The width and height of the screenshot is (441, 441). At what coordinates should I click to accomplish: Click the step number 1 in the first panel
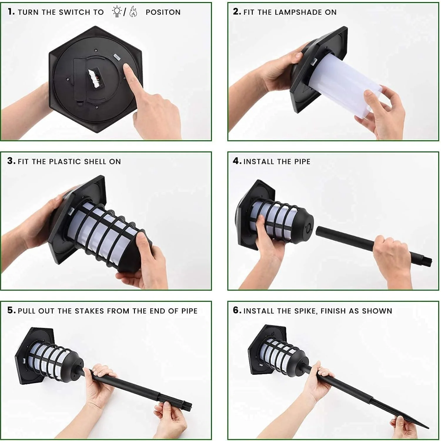point(11,12)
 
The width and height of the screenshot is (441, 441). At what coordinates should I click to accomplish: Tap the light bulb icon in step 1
point(117,12)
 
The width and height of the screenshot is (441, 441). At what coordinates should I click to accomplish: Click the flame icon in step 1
point(133,12)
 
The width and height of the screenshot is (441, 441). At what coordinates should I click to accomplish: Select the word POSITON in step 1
point(163,12)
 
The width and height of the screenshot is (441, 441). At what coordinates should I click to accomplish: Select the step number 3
point(11,161)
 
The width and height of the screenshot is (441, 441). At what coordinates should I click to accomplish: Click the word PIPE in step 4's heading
point(302,162)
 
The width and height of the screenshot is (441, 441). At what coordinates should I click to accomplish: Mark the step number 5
point(11,310)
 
